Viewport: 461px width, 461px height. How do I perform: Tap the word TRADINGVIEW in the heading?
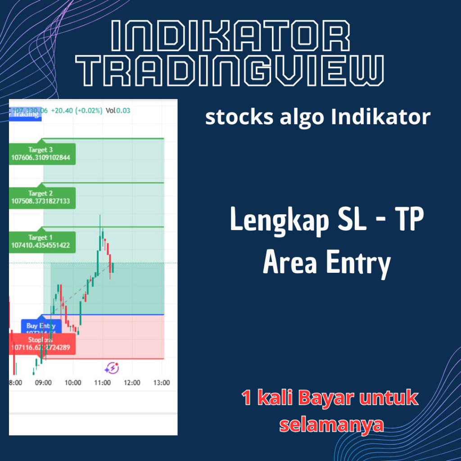pos(230,71)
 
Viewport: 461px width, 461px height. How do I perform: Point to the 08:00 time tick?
pos(16,383)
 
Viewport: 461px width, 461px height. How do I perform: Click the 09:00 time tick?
pos(43,383)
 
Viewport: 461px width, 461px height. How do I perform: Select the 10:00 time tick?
pos(73,383)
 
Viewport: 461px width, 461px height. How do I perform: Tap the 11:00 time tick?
pos(103,383)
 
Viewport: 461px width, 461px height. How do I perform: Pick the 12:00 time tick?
pos(132,383)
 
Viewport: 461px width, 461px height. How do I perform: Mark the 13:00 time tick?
pos(162,383)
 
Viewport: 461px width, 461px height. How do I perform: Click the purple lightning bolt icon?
pos(111,368)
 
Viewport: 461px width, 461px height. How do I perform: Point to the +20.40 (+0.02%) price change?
pos(77,110)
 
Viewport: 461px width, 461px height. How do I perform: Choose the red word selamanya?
pos(332,425)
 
